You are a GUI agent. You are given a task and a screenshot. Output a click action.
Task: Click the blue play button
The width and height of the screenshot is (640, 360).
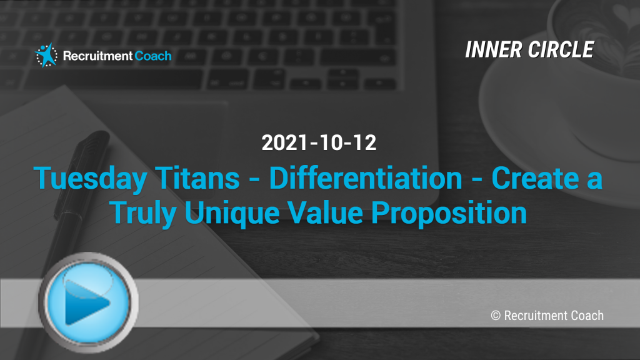(88, 302)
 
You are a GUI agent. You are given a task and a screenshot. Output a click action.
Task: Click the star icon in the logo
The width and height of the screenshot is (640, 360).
(46, 55)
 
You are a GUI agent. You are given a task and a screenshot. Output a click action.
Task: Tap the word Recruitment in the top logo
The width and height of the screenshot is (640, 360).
(97, 56)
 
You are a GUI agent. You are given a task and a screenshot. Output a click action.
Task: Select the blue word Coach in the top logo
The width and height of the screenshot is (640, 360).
(153, 56)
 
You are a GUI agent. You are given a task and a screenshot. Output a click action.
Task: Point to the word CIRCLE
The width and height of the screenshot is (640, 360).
(561, 50)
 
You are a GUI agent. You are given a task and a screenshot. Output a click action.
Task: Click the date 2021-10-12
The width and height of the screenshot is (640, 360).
(319, 142)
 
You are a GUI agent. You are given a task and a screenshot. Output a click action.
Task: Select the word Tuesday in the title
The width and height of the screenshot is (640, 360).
(90, 179)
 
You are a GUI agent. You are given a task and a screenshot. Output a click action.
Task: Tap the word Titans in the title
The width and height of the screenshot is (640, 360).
(197, 178)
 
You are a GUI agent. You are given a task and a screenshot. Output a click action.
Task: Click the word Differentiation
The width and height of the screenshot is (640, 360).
(366, 178)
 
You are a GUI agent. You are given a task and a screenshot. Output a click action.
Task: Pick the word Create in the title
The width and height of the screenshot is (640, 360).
(536, 178)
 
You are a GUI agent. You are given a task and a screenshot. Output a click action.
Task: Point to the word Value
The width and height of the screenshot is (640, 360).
(325, 212)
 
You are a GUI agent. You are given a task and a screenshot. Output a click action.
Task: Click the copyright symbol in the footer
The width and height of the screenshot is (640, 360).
(496, 316)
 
